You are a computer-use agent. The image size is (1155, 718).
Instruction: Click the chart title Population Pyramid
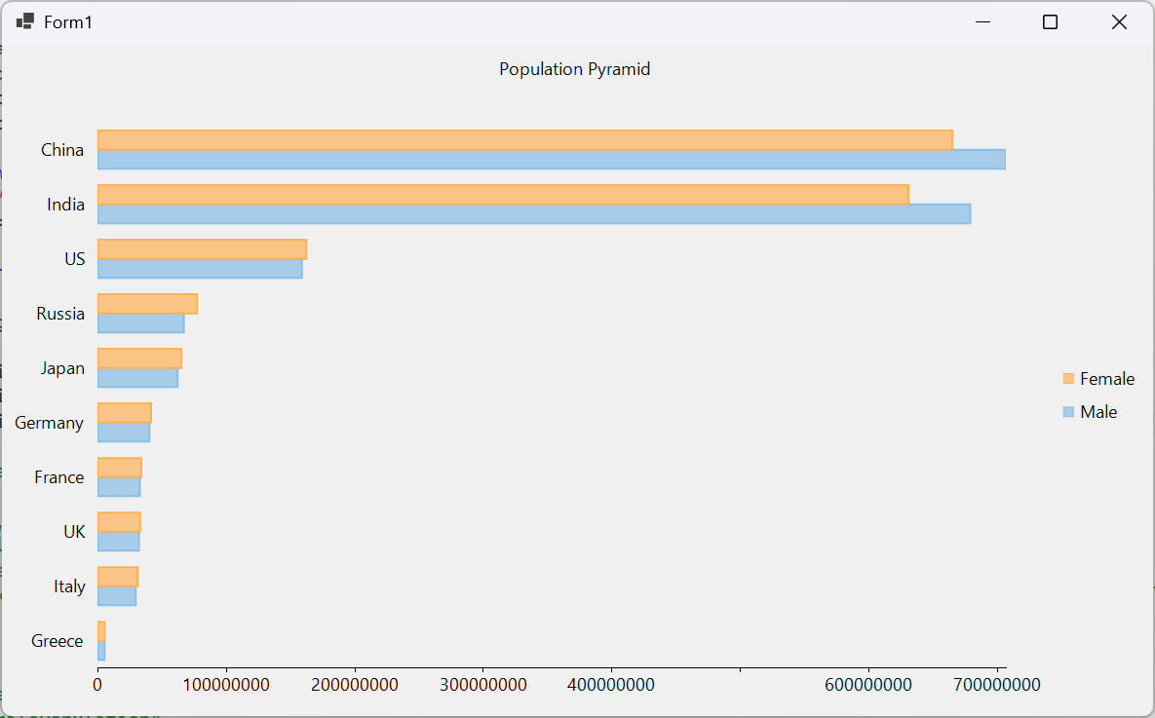[x=574, y=69]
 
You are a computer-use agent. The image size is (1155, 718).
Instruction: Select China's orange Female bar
[x=524, y=140]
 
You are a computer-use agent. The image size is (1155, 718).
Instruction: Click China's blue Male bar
[x=551, y=160]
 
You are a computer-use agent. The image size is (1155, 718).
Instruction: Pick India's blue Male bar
[x=533, y=214]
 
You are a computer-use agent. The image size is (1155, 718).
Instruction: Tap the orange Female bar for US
[x=202, y=249]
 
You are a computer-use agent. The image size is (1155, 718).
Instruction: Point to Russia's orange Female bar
[x=147, y=304]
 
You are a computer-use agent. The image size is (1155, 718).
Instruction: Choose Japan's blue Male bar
[x=137, y=378]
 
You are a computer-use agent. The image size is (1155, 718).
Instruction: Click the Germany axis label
[x=49, y=423]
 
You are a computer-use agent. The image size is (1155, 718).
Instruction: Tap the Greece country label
[x=57, y=641]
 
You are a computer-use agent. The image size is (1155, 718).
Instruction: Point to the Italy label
[x=69, y=586]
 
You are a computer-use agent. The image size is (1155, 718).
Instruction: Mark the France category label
[x=58, y=477]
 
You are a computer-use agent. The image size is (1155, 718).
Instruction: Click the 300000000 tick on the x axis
[x=483, y=685]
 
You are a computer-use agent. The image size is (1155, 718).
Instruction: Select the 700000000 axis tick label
[x=996, y=685]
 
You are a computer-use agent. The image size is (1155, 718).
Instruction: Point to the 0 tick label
[x=97, y=685]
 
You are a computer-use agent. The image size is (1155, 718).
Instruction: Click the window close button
[x=1119, y=22]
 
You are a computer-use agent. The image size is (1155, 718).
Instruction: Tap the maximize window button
[x=1050, y=22]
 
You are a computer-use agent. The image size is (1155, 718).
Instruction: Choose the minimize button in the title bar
[x=982, y=22]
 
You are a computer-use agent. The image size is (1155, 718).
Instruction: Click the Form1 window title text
[x=68, y=22]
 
